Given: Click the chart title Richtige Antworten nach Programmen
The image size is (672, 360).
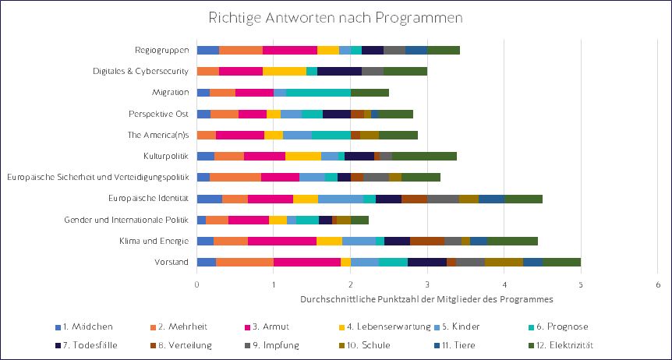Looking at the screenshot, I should (335, 17).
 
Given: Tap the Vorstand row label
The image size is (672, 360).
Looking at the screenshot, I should (172, 262).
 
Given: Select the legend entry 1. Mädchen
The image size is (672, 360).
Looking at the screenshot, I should (86, 326).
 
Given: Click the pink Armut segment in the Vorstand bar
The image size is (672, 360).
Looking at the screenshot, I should (306, 262).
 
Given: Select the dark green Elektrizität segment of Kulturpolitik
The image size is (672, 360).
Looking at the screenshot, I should (424, 156).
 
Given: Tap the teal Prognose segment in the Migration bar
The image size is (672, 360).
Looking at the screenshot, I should (318, 93).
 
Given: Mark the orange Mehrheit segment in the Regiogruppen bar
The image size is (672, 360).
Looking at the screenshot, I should (241, 51).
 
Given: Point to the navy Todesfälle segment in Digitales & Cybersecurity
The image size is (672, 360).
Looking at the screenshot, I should (339, 72).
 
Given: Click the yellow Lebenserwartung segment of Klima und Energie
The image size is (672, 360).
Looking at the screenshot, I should (329, 241).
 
